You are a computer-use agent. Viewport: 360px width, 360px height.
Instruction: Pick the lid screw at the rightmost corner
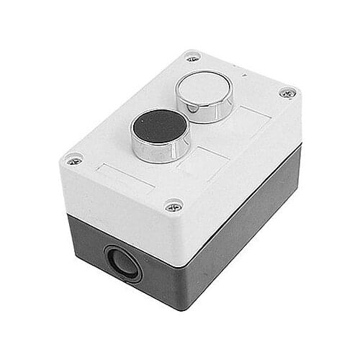click(x=287, y=93)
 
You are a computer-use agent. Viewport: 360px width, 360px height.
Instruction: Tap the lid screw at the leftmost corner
click(x=73, y=158)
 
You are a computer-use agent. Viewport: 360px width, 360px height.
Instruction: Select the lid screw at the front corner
click(x=174, y=207)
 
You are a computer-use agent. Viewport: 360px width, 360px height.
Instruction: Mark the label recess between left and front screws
click(x=123, y=179)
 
